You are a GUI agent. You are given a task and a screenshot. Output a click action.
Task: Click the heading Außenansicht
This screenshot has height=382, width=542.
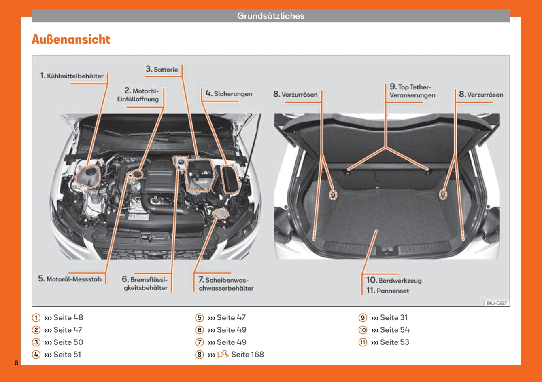tap(71, 40)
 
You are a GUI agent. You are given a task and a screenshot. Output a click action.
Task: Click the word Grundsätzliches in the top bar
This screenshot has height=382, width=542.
tap(270, 16)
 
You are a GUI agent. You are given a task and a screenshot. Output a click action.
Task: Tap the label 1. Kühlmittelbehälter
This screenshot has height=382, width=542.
tap(72, 76)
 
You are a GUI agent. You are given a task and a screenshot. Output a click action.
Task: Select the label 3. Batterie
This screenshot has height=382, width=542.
tap(162, 69)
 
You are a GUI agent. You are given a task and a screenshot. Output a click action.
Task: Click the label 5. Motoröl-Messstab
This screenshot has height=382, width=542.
tap(70, 279)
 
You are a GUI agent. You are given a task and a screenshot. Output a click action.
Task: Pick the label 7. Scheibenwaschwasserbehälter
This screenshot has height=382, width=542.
tap(226, 284)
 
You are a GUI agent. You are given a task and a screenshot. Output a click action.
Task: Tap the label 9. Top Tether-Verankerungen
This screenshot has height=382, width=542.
tap(412, 91)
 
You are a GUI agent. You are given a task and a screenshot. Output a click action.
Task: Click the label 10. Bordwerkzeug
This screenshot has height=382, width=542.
tap(394, 280)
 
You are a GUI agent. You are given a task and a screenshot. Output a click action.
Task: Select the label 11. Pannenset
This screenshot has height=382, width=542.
tap(387, 291)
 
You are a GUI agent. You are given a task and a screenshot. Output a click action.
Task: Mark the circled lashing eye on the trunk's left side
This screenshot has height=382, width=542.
tap(332, 195)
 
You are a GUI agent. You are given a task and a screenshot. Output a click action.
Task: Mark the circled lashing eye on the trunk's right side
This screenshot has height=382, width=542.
tap(443, 194)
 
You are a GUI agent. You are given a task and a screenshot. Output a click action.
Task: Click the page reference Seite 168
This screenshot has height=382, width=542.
tap(247, 354)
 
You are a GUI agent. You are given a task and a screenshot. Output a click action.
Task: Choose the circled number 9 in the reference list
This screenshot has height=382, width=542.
tap(363, 318)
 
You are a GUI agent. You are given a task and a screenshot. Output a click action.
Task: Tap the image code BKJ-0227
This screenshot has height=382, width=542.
tap(496, 303)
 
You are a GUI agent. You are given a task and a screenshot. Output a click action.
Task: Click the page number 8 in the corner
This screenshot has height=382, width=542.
tap(16, 363)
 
